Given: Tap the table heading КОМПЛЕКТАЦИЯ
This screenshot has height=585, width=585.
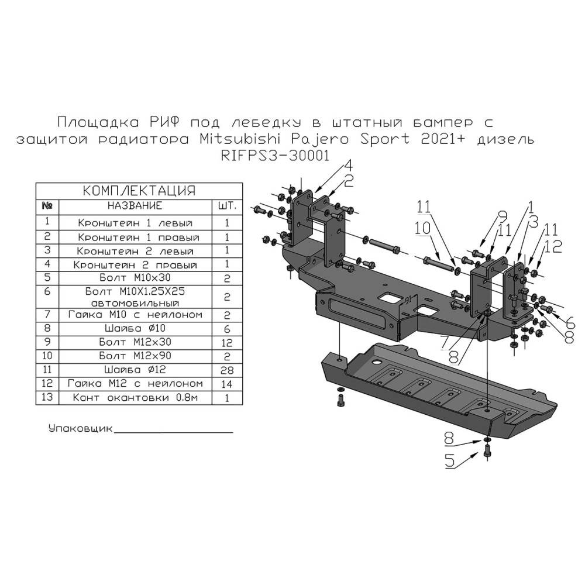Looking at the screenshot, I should (139, 191).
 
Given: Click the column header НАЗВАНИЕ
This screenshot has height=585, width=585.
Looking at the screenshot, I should (134, 206).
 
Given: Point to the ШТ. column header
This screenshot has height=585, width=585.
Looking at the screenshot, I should (226, 206).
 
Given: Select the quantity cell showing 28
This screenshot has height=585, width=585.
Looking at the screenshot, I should (226, 370).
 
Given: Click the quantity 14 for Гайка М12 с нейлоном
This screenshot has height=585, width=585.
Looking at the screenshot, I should (226, 384).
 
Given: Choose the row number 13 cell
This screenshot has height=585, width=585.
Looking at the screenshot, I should (48, 397).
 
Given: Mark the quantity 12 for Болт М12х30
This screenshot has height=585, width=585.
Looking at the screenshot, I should (226, 342).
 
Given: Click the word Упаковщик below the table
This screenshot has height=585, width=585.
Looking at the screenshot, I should (80, 428).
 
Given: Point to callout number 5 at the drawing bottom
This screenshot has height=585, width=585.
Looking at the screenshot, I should (450, 461).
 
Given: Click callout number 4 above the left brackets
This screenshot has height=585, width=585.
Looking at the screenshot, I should (347, 165).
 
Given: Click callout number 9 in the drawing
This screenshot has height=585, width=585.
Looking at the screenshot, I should (501, 216).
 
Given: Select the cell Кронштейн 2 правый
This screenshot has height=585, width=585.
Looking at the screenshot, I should (135, 265).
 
